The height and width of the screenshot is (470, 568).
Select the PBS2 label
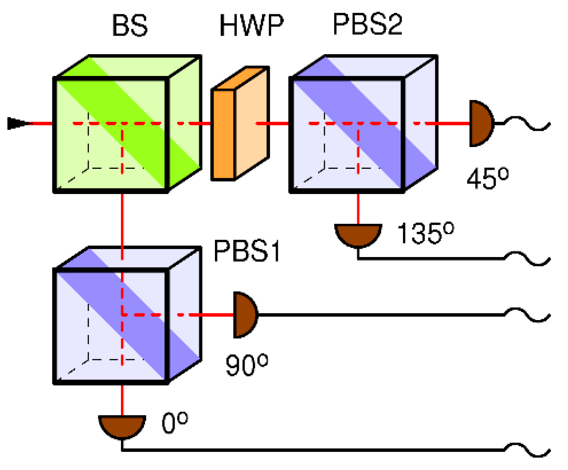(x=367, y=24)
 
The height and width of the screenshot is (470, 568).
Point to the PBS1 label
(x=247, y=251)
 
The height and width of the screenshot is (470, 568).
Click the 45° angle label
(x=488, y=179)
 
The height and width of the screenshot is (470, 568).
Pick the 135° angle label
(x=425, y=234)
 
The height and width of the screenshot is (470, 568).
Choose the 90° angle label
(x=247, y=365)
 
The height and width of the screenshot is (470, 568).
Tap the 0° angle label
(x=175, y=423)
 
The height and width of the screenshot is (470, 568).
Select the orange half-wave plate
(x=239, y=124)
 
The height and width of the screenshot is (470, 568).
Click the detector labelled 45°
(x=480, y=123)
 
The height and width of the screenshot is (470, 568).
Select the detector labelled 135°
(x=358, y=234)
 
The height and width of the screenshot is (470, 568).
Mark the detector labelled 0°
(x=122, y=425)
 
